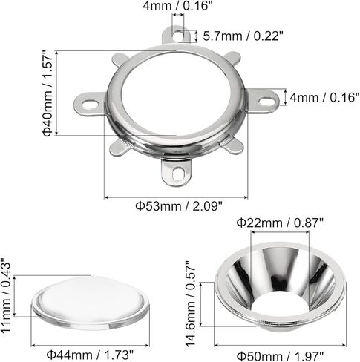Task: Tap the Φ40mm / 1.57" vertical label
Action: (x=48, y=93)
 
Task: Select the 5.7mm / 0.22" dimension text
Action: (x=243, y=36)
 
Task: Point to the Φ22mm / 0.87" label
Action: (x=280, y=223)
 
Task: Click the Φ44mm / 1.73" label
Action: (x=90, y=355)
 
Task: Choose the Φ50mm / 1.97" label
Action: (x=280, y=356)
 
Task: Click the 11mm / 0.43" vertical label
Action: (x=6, y=295)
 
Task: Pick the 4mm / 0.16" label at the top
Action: (x=178, y=6)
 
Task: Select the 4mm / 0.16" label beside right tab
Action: (x=324, y=97)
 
